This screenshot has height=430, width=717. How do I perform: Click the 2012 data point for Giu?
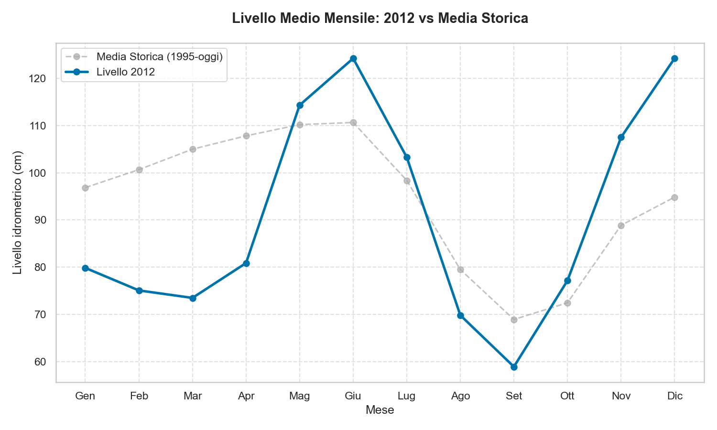click(353, 59)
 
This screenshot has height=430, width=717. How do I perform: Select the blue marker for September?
click(514, 367)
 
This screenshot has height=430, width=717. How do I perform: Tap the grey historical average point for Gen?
click(85, 188)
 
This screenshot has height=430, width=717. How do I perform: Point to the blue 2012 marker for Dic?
click(674, 59)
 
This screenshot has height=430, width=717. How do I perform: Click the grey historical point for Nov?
click(621, 226)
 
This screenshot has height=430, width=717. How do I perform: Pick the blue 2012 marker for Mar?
click(193, 298)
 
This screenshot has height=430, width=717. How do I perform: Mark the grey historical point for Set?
click(514, 320)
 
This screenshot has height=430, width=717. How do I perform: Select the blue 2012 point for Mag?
click(300, 105)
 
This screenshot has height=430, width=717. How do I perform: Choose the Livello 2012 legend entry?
click(125, 72)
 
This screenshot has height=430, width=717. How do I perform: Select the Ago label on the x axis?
click(460, 396)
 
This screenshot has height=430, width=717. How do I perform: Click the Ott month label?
click(567, 396)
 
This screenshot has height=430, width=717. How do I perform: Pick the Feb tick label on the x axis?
click(139, 396)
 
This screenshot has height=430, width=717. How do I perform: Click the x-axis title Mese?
click(380, 410)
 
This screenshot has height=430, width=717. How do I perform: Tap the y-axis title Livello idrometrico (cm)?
click(18, 213)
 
